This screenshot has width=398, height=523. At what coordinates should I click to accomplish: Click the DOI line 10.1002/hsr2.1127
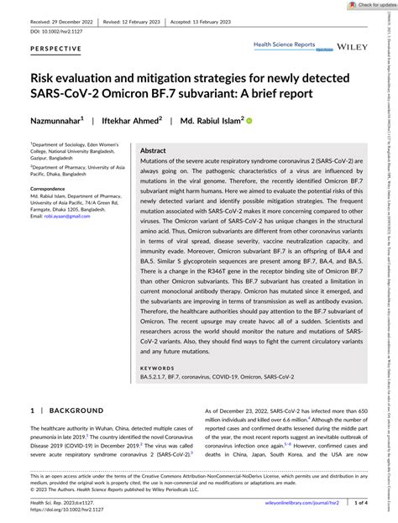[x=60, y=29]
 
